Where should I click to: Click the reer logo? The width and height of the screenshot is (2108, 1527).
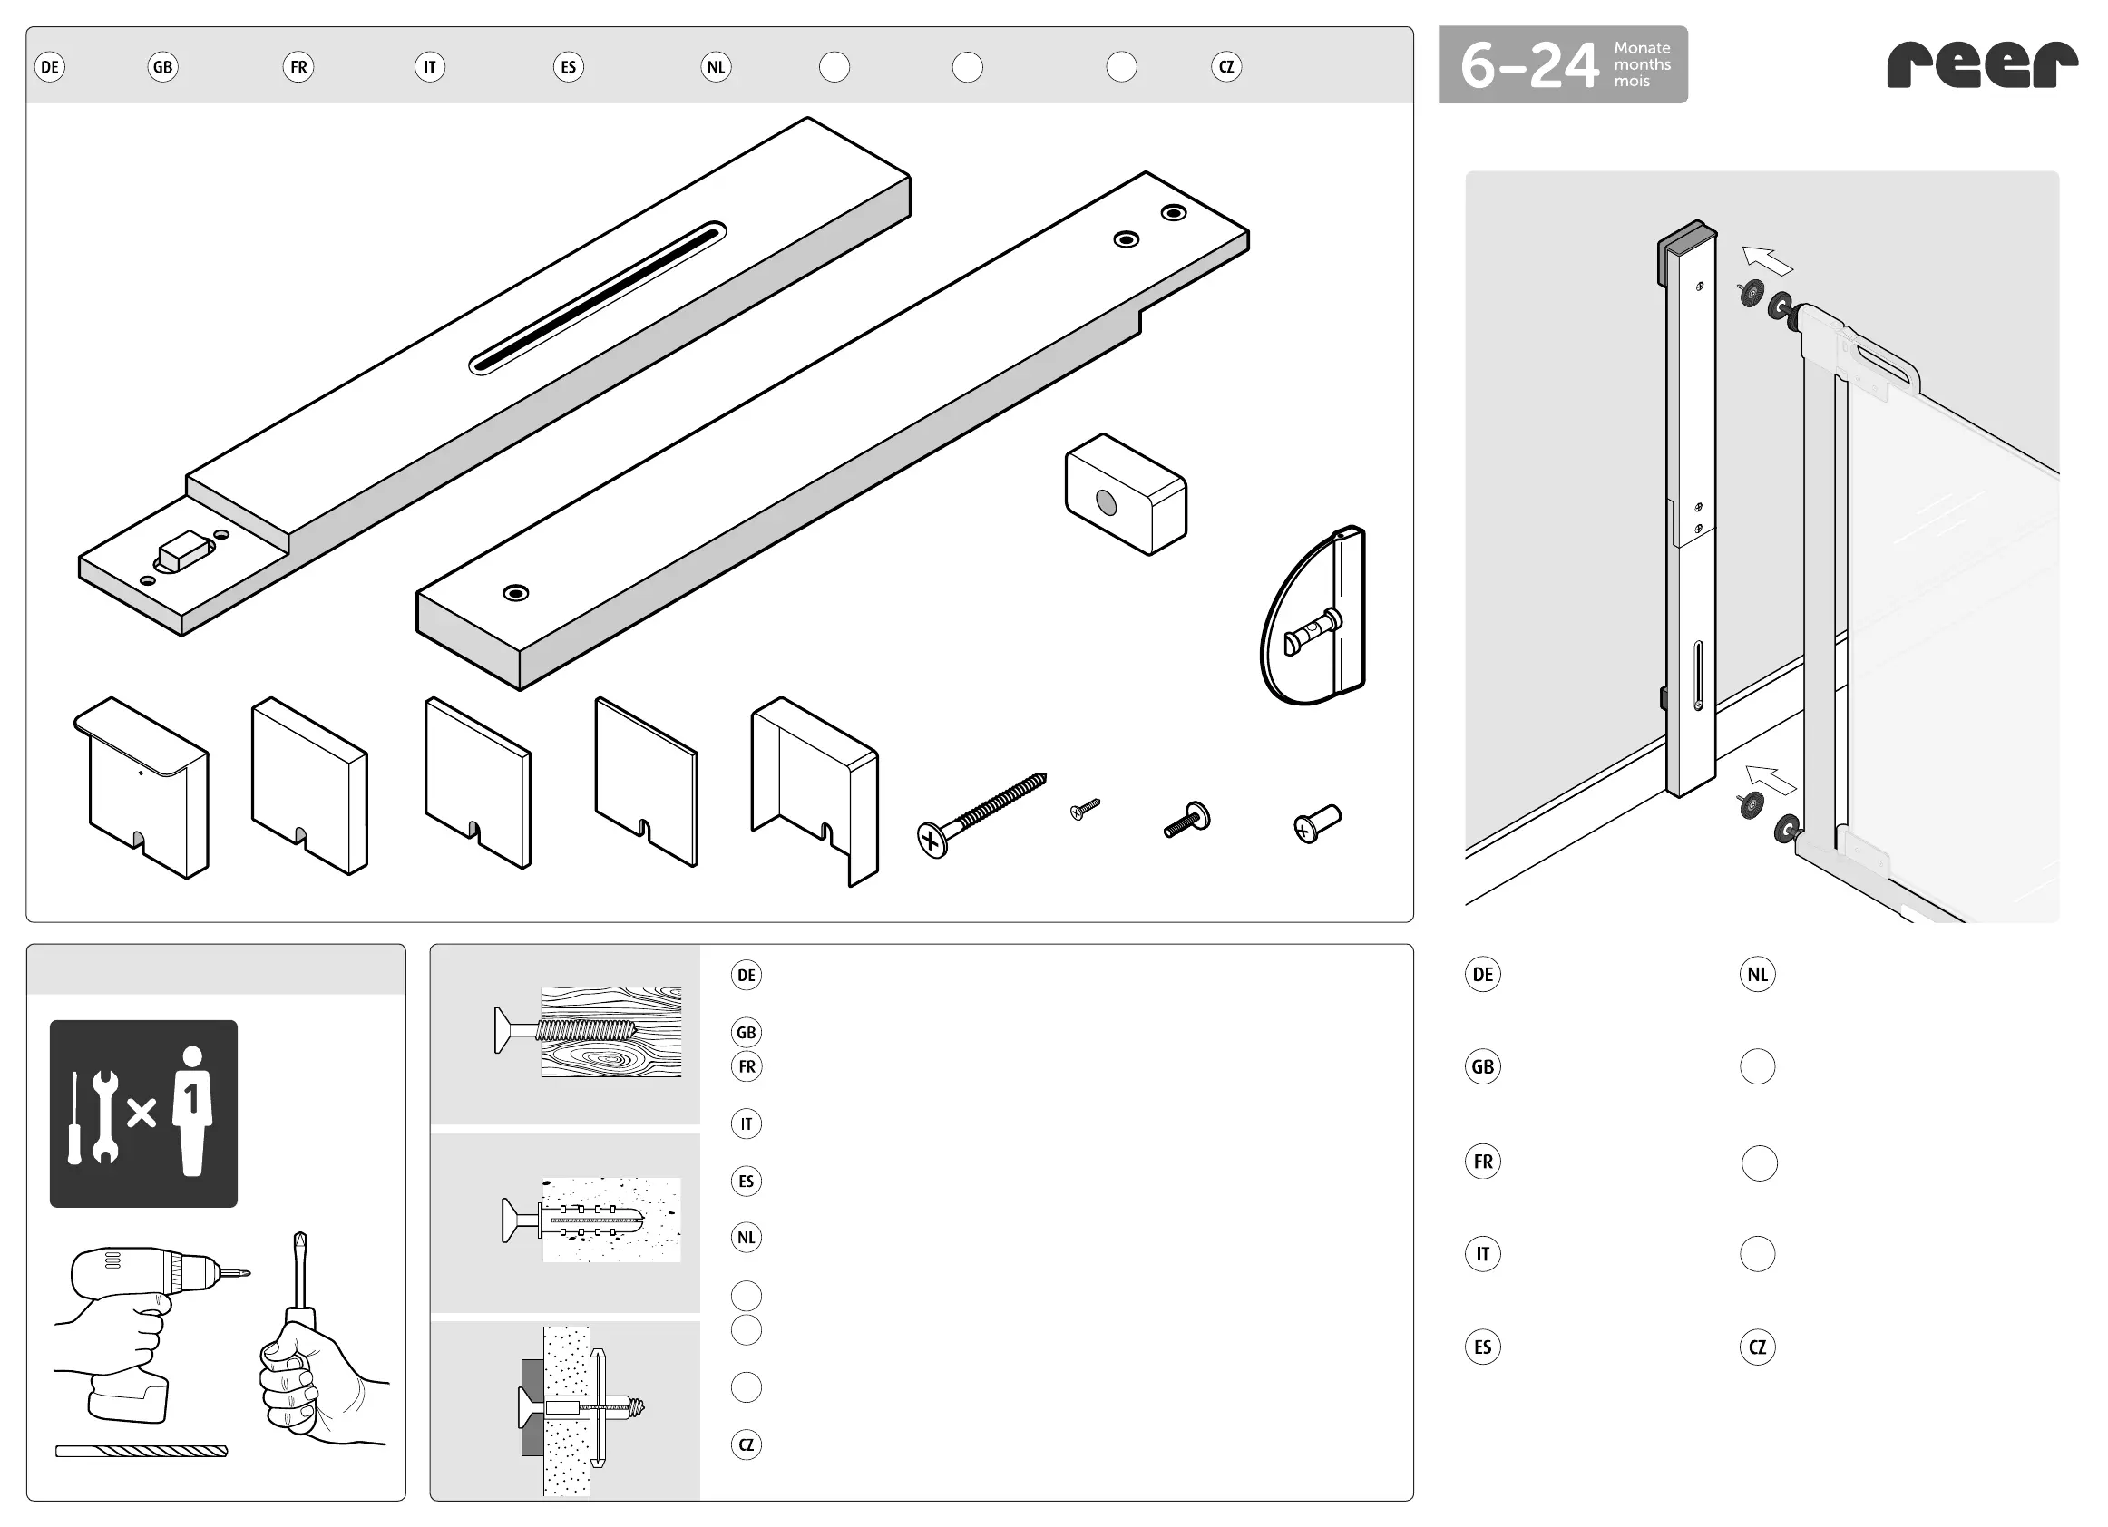(1982, 64)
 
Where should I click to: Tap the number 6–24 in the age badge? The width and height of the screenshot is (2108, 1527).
(1530, 66)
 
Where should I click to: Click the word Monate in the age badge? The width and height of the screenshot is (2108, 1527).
(1643, 48)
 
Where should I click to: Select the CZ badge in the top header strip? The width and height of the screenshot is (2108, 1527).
(1226, 67)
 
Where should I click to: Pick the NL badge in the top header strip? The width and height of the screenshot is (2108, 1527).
(716, 67)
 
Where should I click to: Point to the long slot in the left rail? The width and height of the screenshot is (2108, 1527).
(598, 297)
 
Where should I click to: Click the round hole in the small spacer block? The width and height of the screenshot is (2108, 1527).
(1106, 503)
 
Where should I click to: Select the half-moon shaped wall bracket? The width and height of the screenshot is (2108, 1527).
(1313, 616)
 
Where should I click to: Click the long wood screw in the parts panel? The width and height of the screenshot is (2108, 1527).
(981, 815)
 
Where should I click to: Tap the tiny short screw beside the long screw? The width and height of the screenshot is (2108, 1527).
(1085, 809)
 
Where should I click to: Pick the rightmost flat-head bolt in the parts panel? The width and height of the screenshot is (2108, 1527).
(1317, 823)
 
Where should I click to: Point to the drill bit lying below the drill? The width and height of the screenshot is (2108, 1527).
(142, 1451)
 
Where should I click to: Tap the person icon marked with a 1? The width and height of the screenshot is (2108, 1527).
(192, 1112)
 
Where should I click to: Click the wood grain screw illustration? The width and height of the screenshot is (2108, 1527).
(589, 1032)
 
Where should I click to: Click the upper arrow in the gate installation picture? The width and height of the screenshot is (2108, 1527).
(1767, 261)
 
